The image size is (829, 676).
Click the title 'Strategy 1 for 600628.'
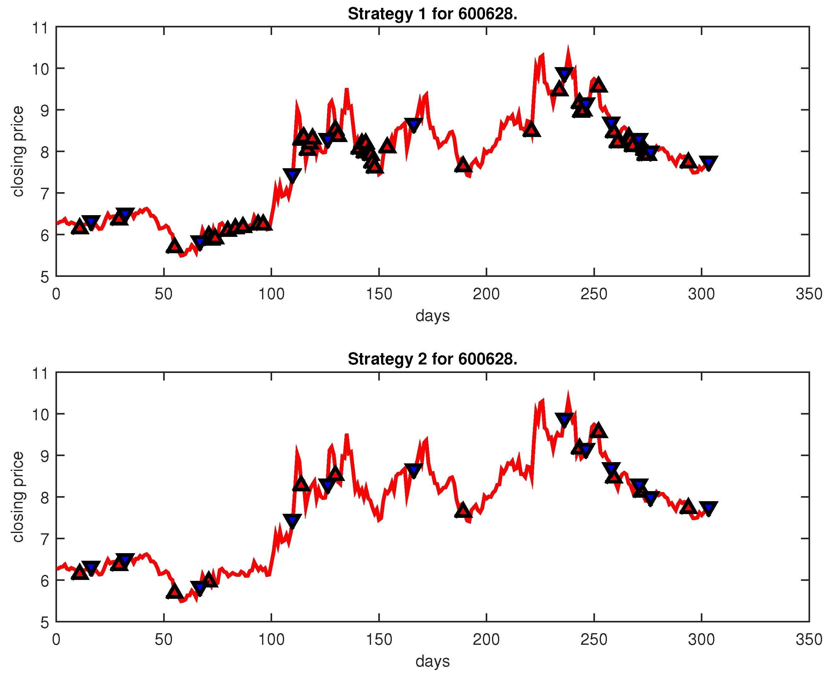click(432, 14)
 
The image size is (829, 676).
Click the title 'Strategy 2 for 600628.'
click(432, 359)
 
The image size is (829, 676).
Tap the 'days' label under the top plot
click(432, 315)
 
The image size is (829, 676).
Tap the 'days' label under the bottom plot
click(432, 661)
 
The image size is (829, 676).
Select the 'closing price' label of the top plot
click(18, 151)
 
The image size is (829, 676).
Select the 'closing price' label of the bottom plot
click(18, 496)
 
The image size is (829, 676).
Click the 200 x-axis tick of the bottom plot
click(486, 639)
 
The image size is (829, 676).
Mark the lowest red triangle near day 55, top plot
click(174, 246)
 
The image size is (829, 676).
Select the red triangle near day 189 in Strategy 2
click(463, 510)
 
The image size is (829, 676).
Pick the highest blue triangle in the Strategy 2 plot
click(564, 419)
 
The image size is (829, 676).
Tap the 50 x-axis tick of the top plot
click(163, 294)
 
